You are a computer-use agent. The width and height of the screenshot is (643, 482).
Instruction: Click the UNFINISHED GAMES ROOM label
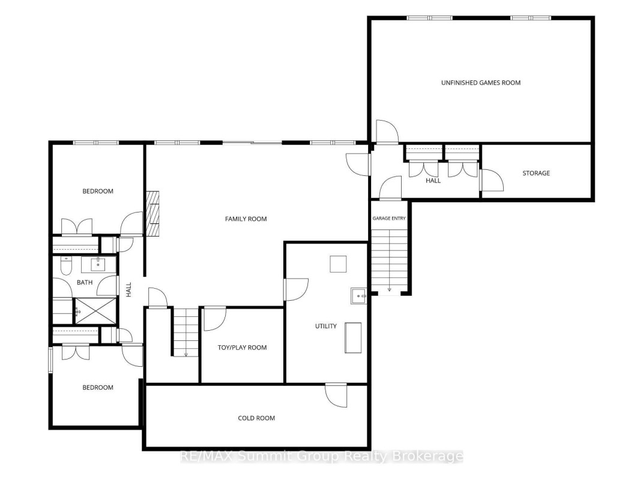pyautogui.click(x=481, y=83)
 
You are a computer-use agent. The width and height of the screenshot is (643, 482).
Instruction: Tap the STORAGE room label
pyautogui.click(x=536, y=173)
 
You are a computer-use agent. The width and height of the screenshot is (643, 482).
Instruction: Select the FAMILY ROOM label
pyautogui.click(x=246, y=219)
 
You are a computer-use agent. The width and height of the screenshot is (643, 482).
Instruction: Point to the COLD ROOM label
pyautogui.click(x=256, y=418)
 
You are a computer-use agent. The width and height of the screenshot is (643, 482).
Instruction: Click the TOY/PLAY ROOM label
pyautogui.click(x=242, y=348)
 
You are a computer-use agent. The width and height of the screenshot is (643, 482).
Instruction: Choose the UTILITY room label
pyautogui.click(x=325, y=327)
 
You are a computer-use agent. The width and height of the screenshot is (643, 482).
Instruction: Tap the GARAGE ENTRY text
pyautogui.click(x=389, y=218)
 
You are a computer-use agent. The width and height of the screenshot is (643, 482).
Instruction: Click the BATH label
pyautogui.click(x=85, y=282)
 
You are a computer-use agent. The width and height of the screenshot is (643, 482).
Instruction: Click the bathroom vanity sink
pyautogui.click(x=98, y=265)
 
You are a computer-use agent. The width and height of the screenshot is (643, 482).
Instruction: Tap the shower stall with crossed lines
pyautogui.click(x=95, y=312)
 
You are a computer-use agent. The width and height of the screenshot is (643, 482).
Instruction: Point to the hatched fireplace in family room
pyautogui.click(x=153, y=214)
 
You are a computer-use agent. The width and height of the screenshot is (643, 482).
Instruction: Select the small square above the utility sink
pyautogui.click(x=338, y=264)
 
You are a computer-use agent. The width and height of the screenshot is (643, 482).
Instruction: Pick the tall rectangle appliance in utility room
pyautogui.click(x=352, y=338)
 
